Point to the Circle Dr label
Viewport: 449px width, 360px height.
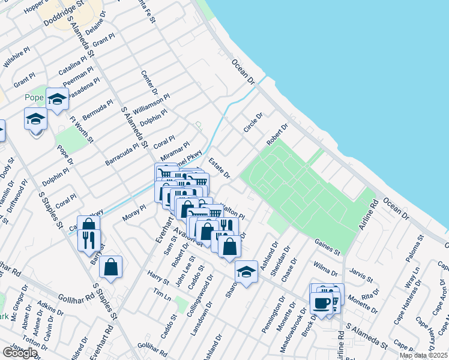pyautogui.click(x=253, y=123)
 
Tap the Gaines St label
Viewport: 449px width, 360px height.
pyautogui.click(x=327, y=246)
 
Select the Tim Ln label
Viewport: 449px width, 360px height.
pyautogui.click(x=159, y=294)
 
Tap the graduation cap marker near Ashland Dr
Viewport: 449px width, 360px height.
pyautogui.click(x=246, y=271)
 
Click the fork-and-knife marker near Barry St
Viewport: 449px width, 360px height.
pyautogui.click(x=89, y=239)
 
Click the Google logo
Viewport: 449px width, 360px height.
pyautogui.click(x=19, y=353)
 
